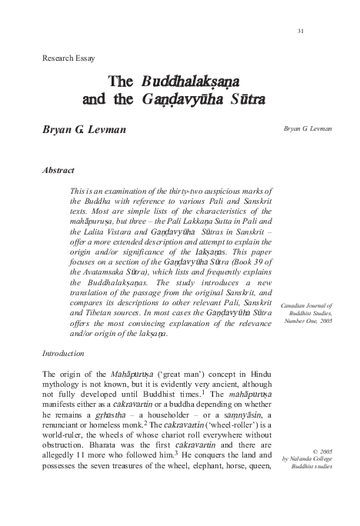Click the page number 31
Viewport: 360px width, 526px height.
(301, 31)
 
